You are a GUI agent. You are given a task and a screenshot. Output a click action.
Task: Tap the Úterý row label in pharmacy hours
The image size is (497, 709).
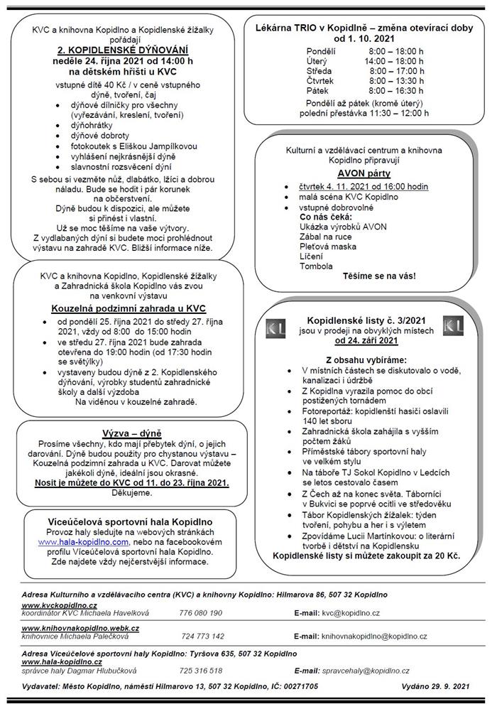[x=318, y=62]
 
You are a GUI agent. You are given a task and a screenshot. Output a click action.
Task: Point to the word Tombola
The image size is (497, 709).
[x=316, y=266]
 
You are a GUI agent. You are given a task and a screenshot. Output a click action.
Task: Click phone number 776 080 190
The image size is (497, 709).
[x=201, y=612]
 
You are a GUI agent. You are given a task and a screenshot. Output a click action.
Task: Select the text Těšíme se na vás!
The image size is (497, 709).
[x=379, y=276]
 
